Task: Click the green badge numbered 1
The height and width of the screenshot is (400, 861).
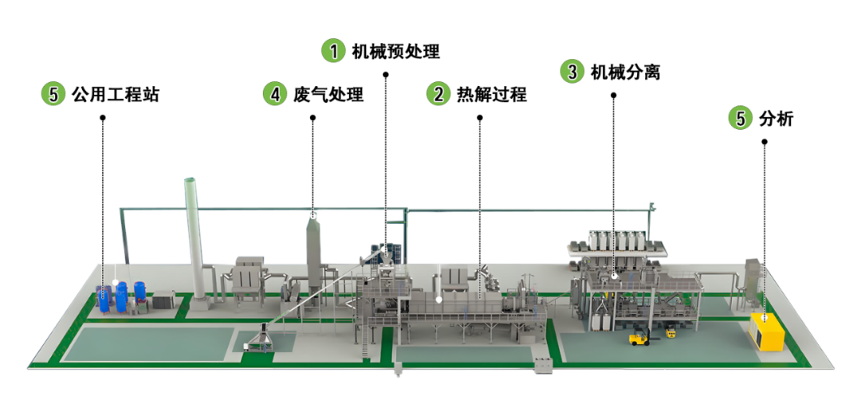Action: pyautogui.click(x=333, y=51)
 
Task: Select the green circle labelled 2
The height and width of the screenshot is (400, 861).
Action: pyautogui.click(x=438, y=93)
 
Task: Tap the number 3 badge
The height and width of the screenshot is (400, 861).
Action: pyautogui.click(x=571, y=71)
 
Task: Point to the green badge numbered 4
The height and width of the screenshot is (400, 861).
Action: pyautogui.click(x=275, y=93)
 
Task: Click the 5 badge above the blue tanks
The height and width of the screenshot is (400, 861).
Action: pyautogui.click(x=53, y=94)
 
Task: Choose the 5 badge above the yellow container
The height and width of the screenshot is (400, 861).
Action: pyautogui.click(x=741, y=118)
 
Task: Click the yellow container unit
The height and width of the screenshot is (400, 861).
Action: pyautogui.click(x=767, y=331)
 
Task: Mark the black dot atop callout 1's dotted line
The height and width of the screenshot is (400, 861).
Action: pyautogui.click(x=386, y=75)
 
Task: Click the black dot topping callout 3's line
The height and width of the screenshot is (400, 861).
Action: pyautogui.click(x=614, y=96)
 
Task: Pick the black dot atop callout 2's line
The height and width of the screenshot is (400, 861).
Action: pyautogui.click(x=480, y=118)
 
